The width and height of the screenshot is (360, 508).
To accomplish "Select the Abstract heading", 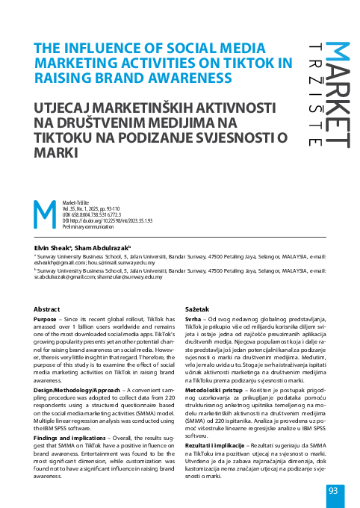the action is tap(49, 309).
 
